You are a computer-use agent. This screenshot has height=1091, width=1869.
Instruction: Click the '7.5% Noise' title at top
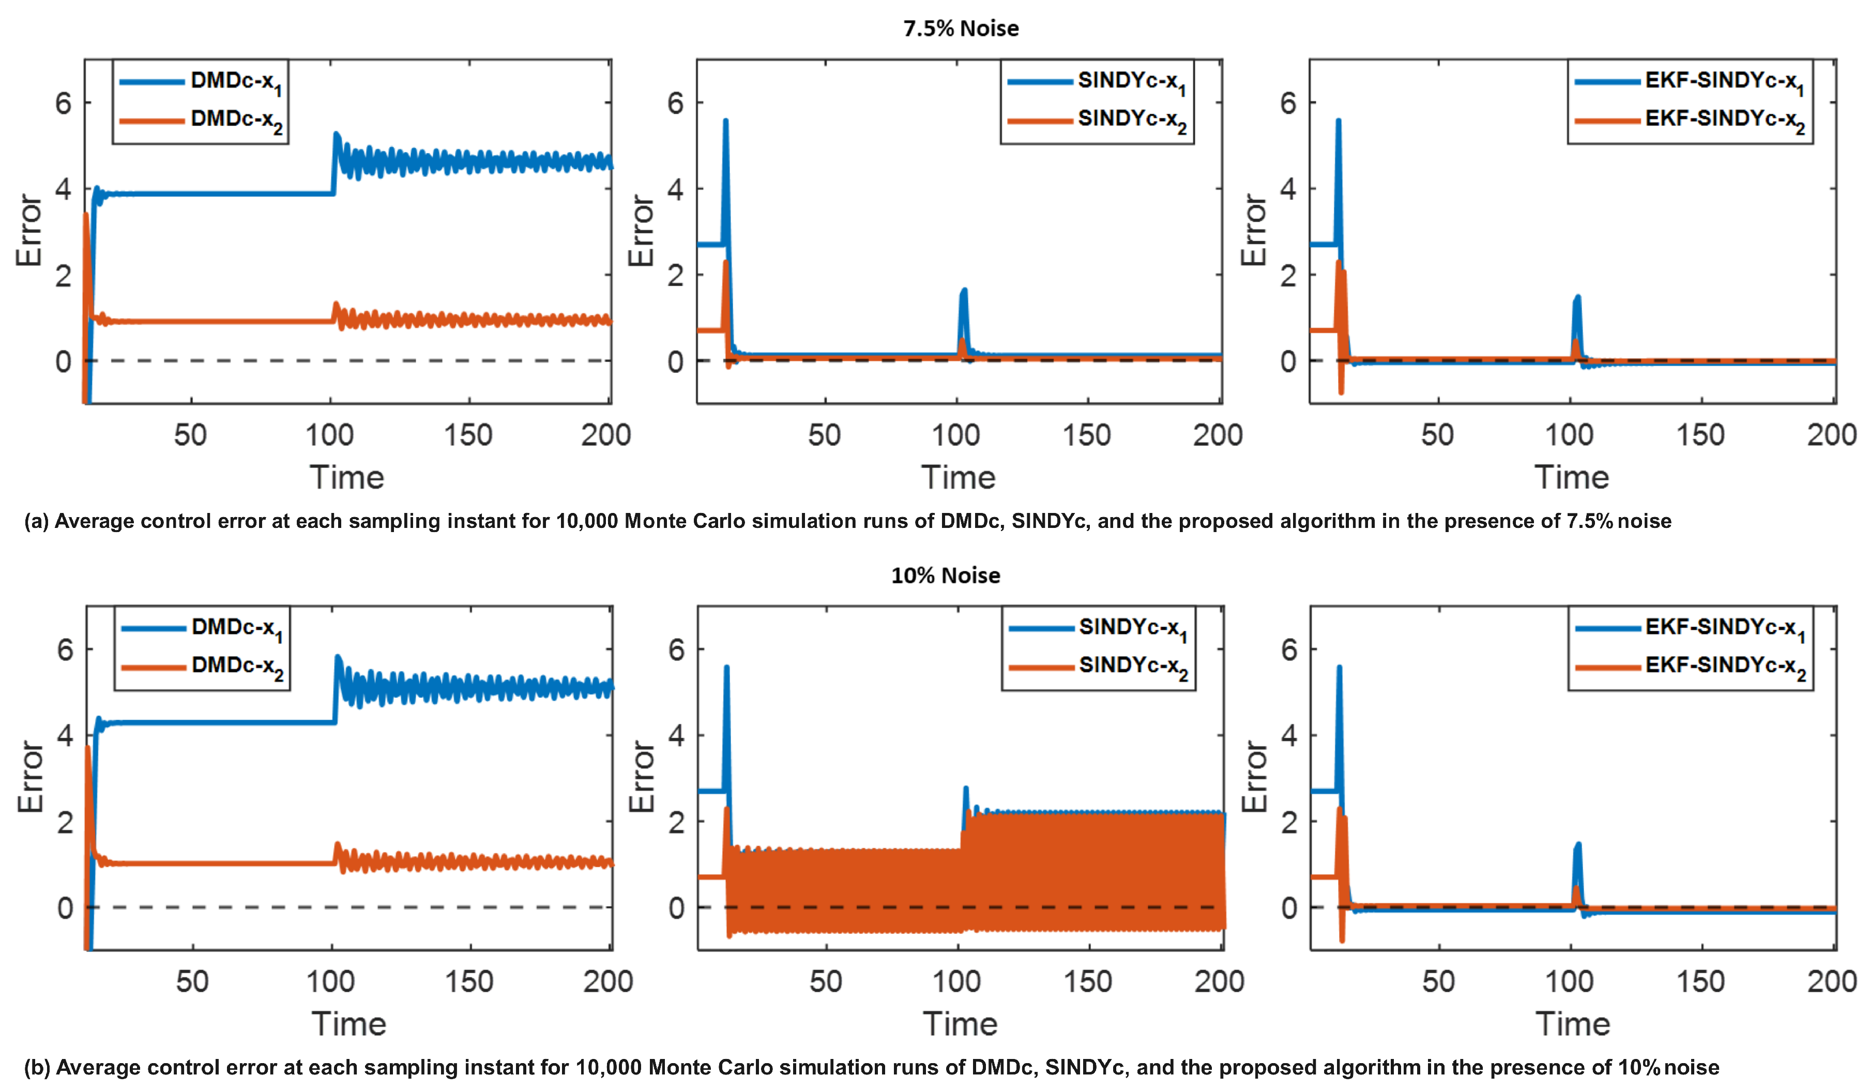[x=961, y=28]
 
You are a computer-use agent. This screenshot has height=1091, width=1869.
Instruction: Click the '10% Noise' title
[x=945, y=575]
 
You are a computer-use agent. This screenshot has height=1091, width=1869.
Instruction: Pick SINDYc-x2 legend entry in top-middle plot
[x=1131, y=120]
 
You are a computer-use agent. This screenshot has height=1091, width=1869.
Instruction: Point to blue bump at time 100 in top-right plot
[x=1577, y=298]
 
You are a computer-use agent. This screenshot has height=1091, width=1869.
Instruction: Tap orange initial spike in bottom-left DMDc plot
[x=87, y=749]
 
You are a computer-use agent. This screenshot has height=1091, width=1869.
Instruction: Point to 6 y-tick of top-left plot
[x=64, y=103]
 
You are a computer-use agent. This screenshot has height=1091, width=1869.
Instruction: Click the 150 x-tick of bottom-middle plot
[x=1087, y=981]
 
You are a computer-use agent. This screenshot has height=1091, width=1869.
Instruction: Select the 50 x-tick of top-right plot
[x=1437, y=435]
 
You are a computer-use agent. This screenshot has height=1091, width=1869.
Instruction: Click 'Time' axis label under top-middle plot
[x=958, y=477]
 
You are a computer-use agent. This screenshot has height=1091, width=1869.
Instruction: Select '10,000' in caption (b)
[x=608, y=1067]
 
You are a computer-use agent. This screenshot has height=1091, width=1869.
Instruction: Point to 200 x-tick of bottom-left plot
[x=607, y=981]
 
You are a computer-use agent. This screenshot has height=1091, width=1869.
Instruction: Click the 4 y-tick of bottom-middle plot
[x=676, y=735]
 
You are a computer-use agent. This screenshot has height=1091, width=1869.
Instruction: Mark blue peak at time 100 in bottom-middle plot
[x=966, y=790]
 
